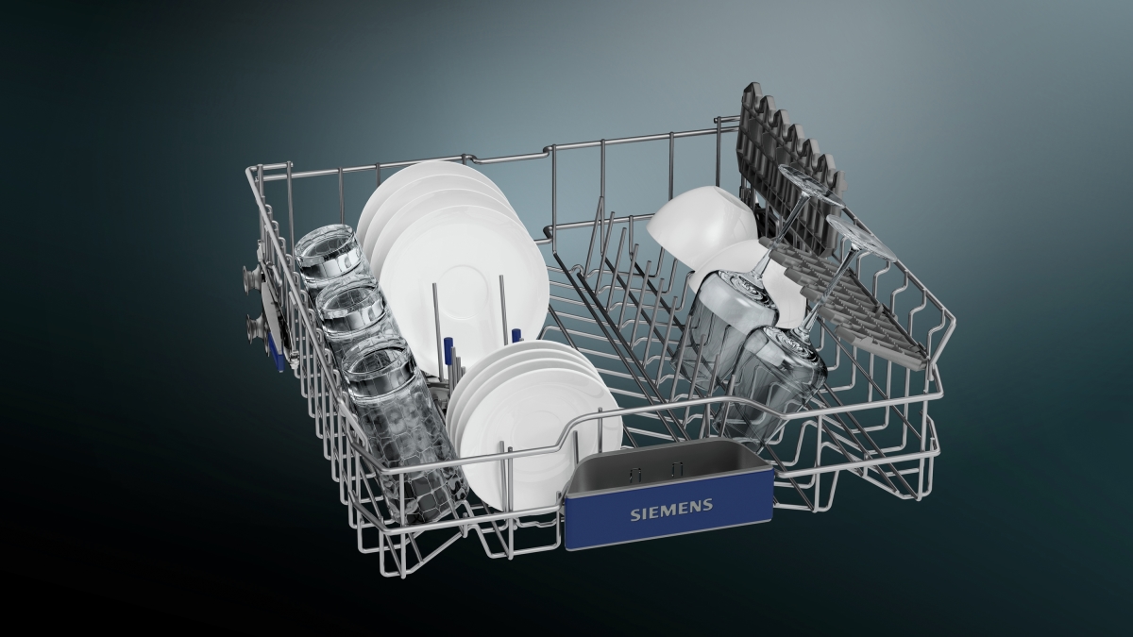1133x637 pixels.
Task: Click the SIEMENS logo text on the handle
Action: (x=671, y=509)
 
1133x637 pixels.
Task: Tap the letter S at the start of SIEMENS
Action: (x=634, y=514)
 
